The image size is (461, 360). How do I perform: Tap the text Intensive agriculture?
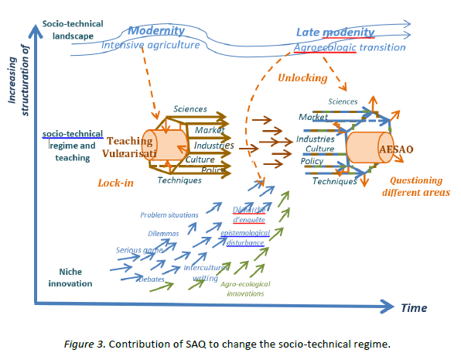point(150,45)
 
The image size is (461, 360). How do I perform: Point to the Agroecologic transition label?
point(350,47)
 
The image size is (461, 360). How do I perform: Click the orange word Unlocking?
point(302,78)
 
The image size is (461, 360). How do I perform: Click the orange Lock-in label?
point(117,183)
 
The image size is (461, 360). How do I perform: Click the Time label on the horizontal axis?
point(413,308)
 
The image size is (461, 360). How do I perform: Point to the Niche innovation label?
point(75,277)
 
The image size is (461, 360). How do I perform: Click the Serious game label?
point(138,250)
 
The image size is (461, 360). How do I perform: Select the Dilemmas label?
point(163,232)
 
